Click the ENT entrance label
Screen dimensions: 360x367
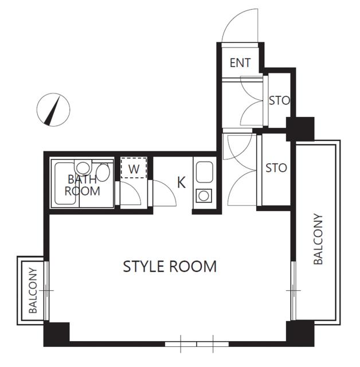click(240, 63)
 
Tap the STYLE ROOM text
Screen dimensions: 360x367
click(170, 266)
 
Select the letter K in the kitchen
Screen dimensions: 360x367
click(181, 182)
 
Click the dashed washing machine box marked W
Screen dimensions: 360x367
click(134, 168)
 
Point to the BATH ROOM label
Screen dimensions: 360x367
click(83, 185)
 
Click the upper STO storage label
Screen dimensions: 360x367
click(279, 101)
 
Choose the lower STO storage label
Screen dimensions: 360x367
click(276, 168)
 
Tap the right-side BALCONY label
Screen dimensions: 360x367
click(318, 239)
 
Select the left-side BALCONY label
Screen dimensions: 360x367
click(33, 291)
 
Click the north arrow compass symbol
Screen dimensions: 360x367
click(53, 110)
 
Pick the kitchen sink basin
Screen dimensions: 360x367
click(204, 172)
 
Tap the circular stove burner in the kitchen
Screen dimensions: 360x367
click(204, 196)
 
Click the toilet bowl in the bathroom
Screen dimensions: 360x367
click(83, 167)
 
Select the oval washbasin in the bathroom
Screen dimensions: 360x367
click(103, 172)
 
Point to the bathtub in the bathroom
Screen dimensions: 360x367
click(65, 183)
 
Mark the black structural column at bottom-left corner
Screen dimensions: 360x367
click(57, 334)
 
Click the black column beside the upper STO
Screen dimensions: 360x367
click(300, 129)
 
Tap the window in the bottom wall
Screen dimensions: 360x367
click(197, 344)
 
